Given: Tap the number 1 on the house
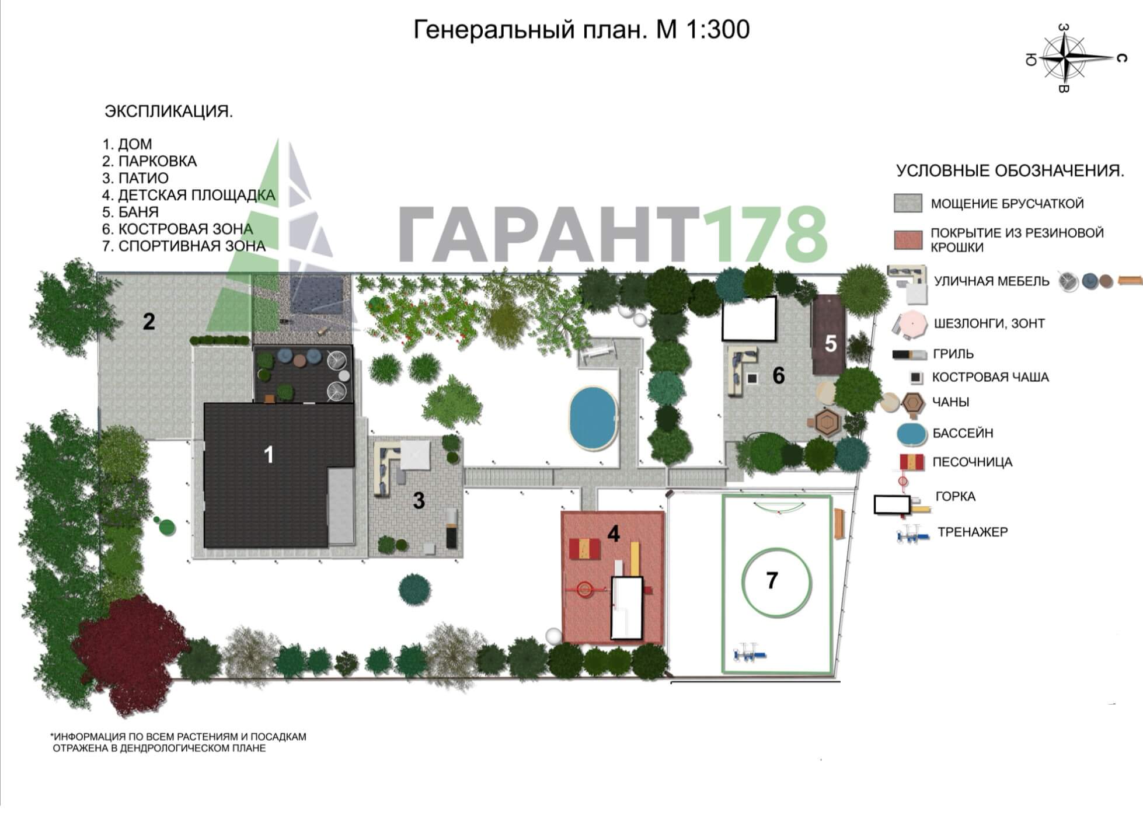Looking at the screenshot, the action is pyautogui.click(x=269, y=455).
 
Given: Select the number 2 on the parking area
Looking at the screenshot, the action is pyautogui.click(x=149, y=322).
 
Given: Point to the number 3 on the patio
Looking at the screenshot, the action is pyautogui.click(x=419, y=500).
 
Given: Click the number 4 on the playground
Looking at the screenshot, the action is pyautogui.click(x=613, y=534).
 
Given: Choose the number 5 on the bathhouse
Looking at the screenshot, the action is pyautogui.click(x=831, y=344).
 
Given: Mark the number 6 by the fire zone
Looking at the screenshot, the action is pyautogui.click(x=778, y=375).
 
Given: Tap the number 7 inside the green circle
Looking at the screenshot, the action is pyautogui.click(x=772, y=580).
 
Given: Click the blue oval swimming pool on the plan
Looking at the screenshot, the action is pyautogui.click(x=594, y=418).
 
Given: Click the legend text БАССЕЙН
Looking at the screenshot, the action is pyautogui.click(x=963, y=433).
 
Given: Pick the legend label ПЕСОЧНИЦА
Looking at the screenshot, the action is pyautogui.click(x=973, y=462).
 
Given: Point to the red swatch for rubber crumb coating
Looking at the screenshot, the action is pyautogui.click(x=908, y=240).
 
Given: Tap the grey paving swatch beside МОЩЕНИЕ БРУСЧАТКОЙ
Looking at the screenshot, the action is pyautogui.click(x=908, y=203).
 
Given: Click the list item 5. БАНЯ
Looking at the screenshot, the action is pyautogui.click(x=131, y=212).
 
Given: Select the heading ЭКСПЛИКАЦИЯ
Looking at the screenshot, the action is pyautogui.click(x=169, y=111).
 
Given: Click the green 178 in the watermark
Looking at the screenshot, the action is pyautogui.click(x=765, y=234).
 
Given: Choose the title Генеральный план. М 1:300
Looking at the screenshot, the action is pyautogui.click(x=581, y=29).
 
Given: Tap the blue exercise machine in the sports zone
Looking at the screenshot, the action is pyautogui.click(x=750, y=651).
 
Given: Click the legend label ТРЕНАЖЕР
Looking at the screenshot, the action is pyautogui.click(x=973, y=532).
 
